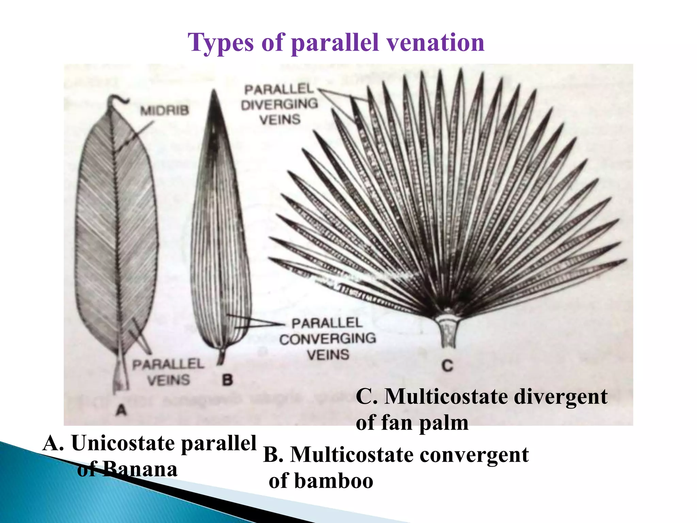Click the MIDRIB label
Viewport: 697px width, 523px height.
[165, 110]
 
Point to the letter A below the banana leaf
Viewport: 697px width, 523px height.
[121, 410]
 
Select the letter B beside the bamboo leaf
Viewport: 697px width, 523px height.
[227, 380]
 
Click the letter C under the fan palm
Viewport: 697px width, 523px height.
[448, 366]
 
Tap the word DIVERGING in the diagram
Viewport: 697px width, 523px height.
[279, 104]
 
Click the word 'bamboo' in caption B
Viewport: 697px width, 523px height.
[334, 481]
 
